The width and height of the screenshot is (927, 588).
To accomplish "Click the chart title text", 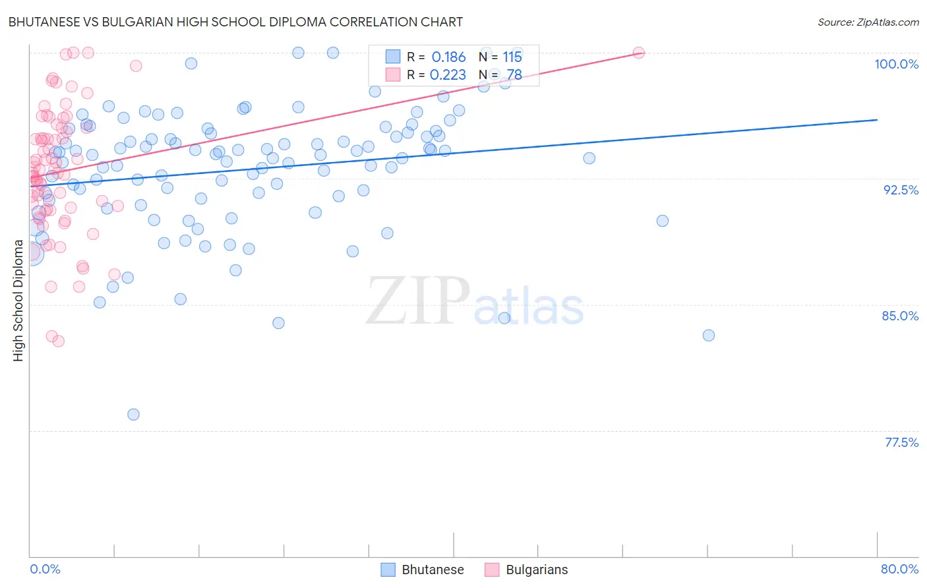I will (236, 22).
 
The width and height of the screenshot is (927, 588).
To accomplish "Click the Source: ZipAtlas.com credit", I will (868, 22).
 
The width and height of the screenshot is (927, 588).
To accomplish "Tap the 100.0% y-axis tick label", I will (896, 64).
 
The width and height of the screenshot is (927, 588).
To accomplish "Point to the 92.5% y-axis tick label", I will (901, 190).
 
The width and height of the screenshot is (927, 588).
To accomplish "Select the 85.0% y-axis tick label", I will (900, 316).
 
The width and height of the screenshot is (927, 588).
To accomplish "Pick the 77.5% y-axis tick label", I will (901, 442).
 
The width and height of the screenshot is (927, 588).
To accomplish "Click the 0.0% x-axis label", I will (45, 569).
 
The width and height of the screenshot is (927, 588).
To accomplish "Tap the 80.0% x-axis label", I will (899, 569).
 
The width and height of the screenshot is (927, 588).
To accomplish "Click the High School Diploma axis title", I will (18, 300).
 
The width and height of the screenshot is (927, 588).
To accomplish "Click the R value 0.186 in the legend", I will (448, 57).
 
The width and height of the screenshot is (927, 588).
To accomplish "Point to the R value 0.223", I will (448, 75).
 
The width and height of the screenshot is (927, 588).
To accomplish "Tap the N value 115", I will (512, 57).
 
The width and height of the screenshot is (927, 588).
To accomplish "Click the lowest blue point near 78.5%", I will (133, 415).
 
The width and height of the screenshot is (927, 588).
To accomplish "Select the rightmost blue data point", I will (709, 336).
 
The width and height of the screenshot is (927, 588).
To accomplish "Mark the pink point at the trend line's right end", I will (638, 53).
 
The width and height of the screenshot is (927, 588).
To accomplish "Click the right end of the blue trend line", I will (877, 119).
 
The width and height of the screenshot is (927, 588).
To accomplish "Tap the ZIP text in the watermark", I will (418, 301).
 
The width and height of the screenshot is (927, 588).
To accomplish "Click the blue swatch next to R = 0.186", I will (392, 57).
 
